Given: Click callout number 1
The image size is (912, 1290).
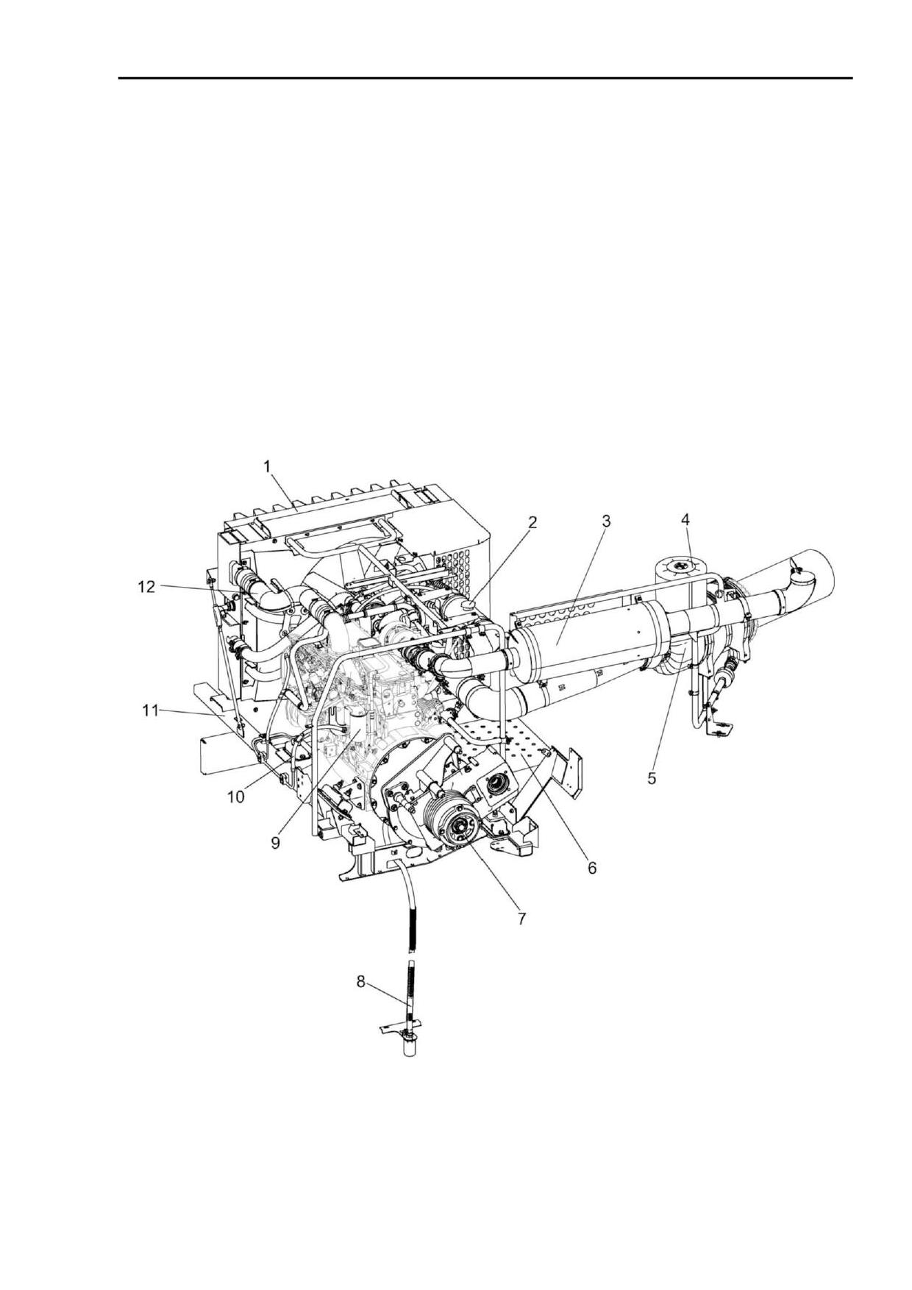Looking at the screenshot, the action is (268, 466).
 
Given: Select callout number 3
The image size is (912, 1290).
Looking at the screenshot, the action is (606, 521).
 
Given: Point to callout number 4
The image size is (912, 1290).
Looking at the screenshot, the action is (685, 519).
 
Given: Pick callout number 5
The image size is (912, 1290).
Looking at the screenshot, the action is (652, 777).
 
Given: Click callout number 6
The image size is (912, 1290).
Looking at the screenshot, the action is (592, 869).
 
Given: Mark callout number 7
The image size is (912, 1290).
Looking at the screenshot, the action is (521, 919).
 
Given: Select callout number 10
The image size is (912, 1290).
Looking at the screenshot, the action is (235, 798).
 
